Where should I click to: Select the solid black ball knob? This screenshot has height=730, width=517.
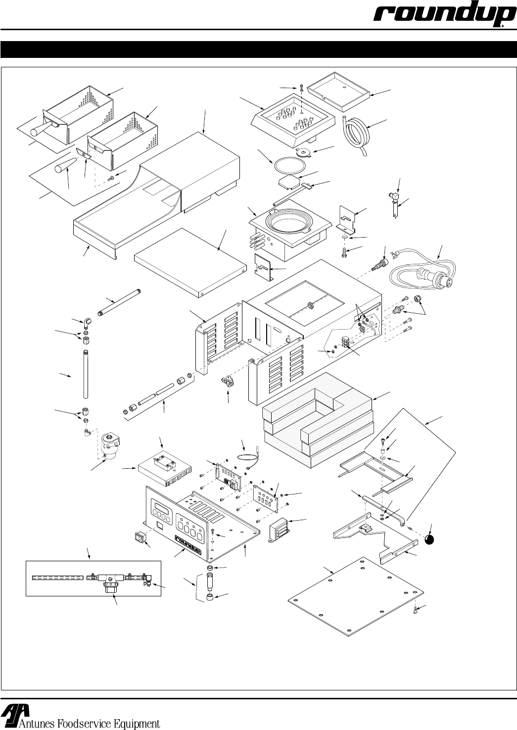[x=429, y=539]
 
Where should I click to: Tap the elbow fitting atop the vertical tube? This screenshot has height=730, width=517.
[x=87, y=323]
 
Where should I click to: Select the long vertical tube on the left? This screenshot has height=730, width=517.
[x=86, y=374]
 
